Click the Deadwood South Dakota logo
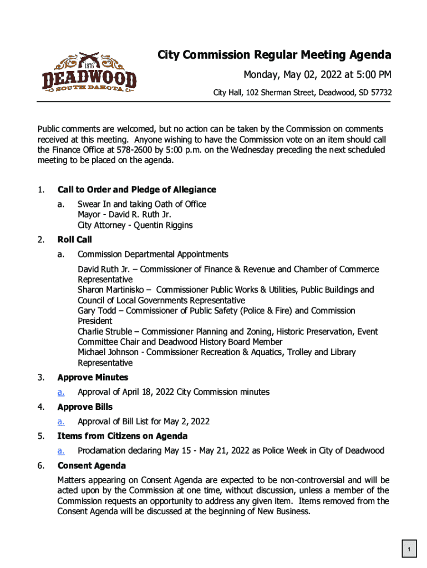point(89,74)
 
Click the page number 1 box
point(409,550)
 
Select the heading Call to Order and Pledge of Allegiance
point(136,190)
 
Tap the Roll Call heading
point(75,240)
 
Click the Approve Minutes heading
point(93,378)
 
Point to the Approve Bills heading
point(85,407)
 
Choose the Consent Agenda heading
point(91,465)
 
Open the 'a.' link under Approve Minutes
point(61,392)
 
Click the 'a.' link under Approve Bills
point(61,422)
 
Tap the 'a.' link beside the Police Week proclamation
point(61,450)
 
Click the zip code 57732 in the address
point(380,93)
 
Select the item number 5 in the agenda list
point(41,436)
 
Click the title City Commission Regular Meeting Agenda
point(274,55)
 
